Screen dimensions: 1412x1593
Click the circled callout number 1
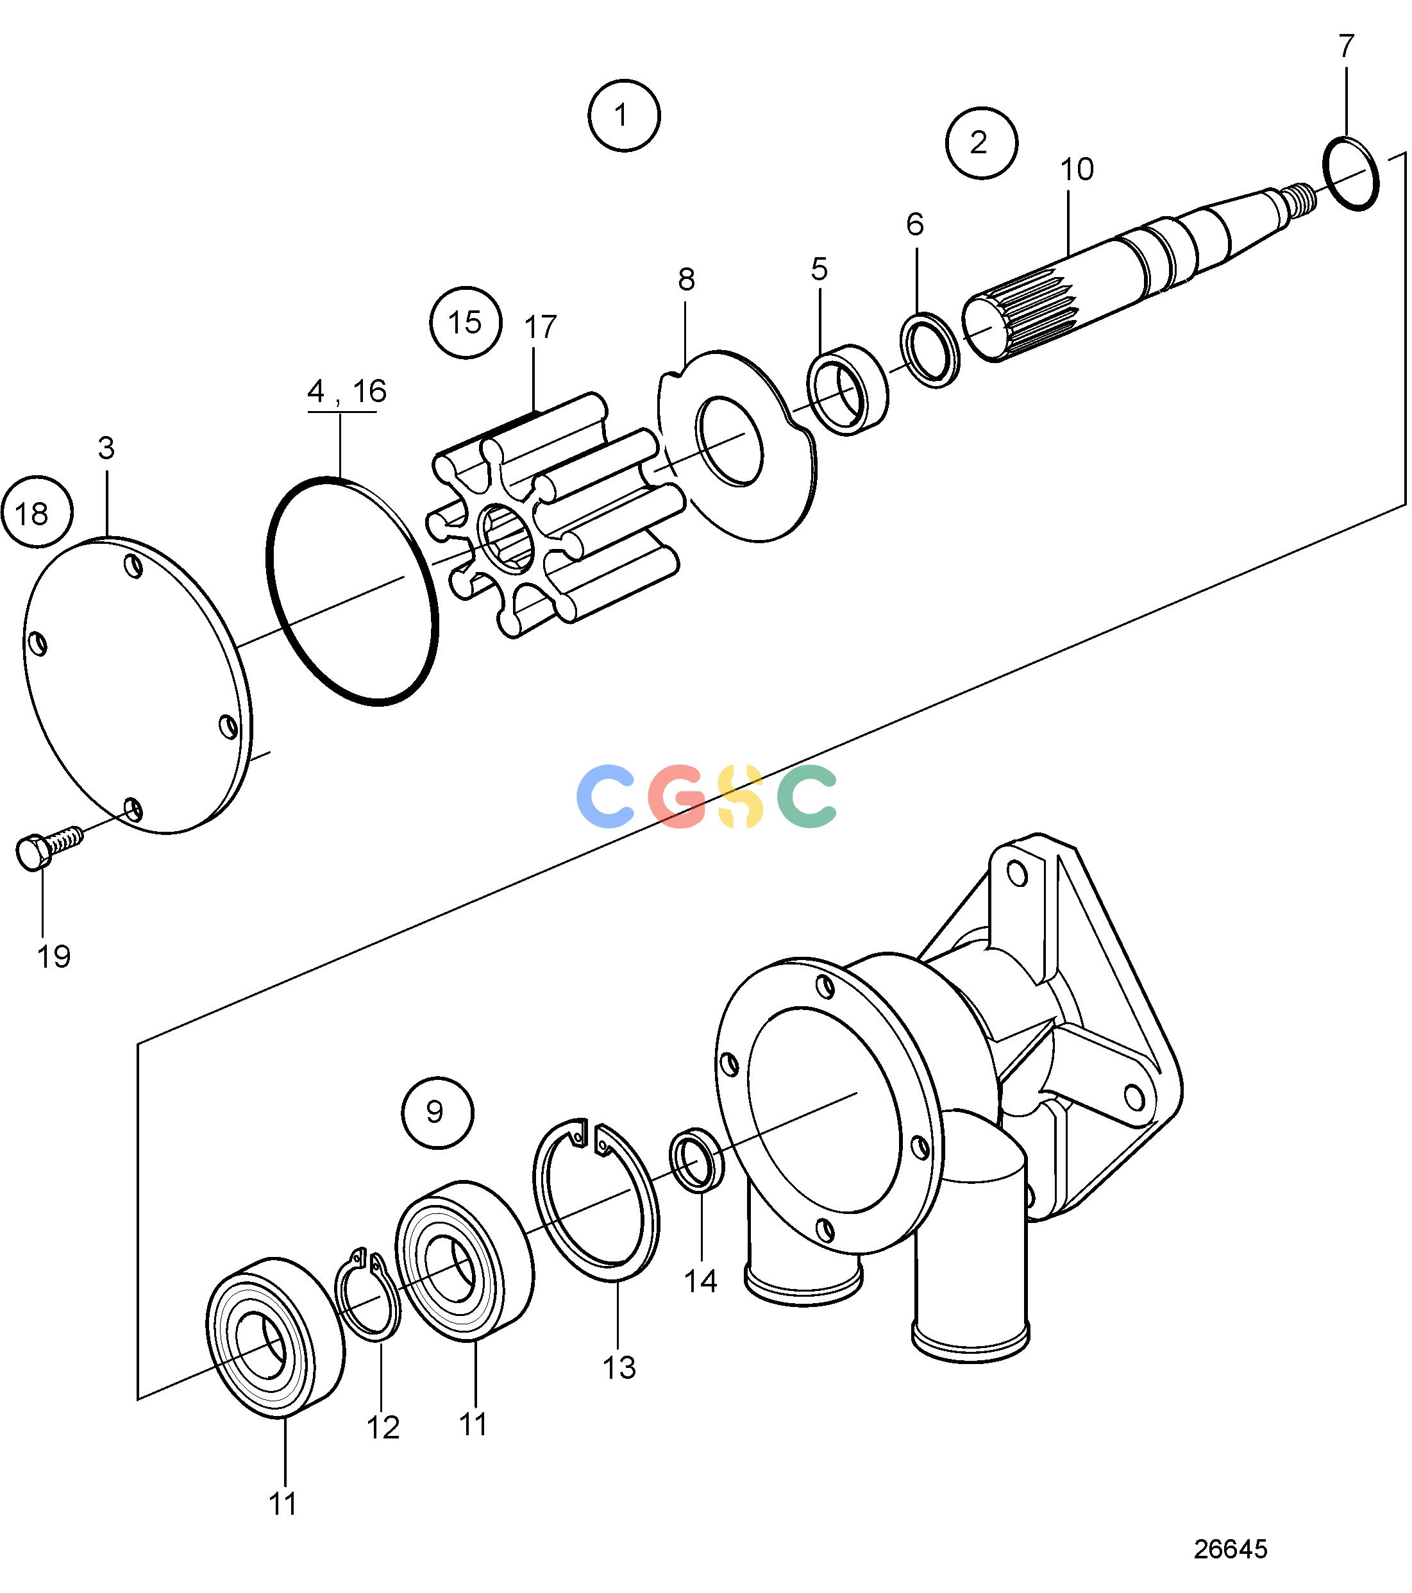click(x=623, y=115)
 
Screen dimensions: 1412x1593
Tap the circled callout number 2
click(x=981, y=142)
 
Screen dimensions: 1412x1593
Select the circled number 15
click(x=465, y=323)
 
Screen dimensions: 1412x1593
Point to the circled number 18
click(x=37, y=512)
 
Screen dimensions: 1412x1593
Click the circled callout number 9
click(x=437, y=1112)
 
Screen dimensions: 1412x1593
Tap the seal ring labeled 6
click(x=930, y=349)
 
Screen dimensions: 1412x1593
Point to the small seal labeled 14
click(x=696, y=1159)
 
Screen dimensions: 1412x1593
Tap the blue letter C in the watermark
click(x=605, y=796)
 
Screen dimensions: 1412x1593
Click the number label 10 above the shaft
click(x=1077, y=169)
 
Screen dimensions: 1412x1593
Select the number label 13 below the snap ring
click(x=619, y=1367)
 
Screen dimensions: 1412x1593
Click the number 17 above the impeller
click(x=540, y=327)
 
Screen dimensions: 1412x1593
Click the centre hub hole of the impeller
click(x=508, y=539)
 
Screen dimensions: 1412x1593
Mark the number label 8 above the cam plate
click(x=685, y=279)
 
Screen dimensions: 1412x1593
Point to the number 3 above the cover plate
click(x=106, y=448)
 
